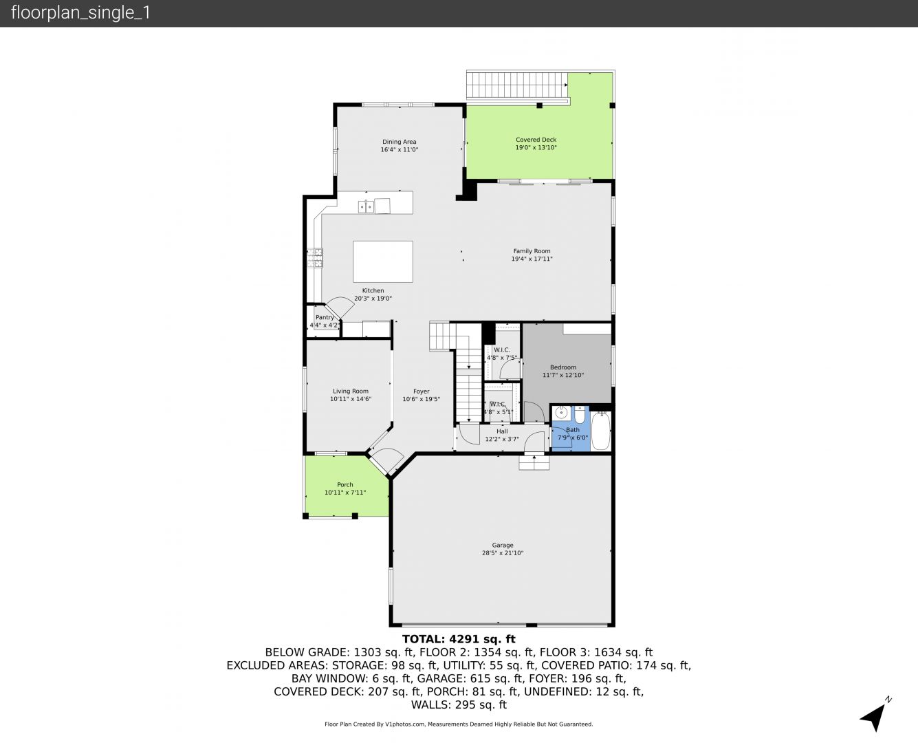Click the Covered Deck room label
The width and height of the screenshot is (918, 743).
click(x=536, y=140)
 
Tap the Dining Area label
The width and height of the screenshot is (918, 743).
click(x=399, y=142)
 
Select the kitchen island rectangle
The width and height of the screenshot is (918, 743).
click(x=383, y=261)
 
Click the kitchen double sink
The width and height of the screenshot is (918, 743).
click(x=366, y=207)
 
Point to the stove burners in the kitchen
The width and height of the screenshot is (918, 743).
click(x=315, y=258)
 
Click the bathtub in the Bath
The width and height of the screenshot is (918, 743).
click(x=600, y=431)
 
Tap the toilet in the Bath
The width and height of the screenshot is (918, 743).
click(x=580, y=415)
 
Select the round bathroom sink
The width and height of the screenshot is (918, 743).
click(x=561, y=413)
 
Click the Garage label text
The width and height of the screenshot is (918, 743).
click(x=503, y=545)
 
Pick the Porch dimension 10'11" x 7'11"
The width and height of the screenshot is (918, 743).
click(x=345, y=493)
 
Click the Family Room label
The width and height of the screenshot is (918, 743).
click(x=532, y=251)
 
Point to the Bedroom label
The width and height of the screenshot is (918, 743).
click(x=563, y=367)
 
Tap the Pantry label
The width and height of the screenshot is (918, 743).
click(x=325, y=317)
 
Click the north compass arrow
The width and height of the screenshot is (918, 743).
click(x=875, y=716)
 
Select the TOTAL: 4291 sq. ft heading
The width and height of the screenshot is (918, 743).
click(x=459, y=639)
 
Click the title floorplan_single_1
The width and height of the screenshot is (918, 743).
click(x=80, y=13)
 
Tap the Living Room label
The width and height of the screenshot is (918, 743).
click(x=351, y=391)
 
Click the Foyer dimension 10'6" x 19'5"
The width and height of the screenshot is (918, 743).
click(x=421, y=399)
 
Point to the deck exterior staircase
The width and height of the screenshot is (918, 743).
click(x=517, y=85)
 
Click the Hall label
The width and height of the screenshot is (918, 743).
click(x=502, y=431)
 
